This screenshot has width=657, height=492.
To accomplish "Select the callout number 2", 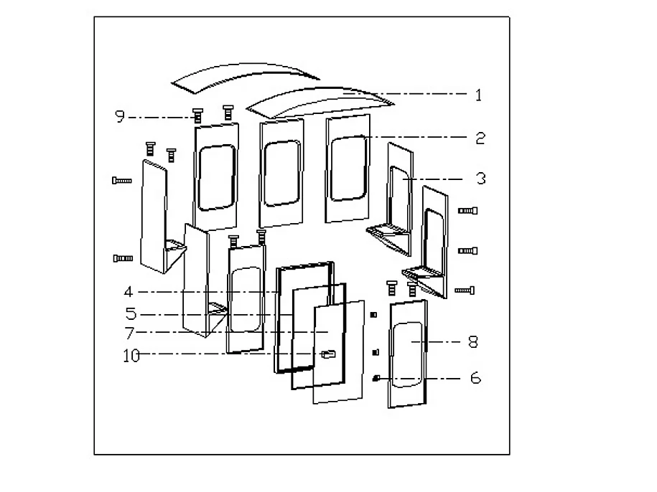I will [480, 138].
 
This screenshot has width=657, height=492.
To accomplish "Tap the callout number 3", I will [480, 179].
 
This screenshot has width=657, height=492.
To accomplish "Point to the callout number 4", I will [128, 292].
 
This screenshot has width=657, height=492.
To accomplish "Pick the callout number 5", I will [130, 314].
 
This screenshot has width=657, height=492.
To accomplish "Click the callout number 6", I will [475, 378].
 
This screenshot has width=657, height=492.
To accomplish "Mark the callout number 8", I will [472, 342].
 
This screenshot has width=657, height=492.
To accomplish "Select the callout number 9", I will [120, 116].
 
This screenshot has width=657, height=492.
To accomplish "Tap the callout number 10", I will [131, 354].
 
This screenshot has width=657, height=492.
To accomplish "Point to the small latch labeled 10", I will [329, 354].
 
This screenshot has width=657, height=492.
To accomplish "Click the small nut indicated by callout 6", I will [375, 378].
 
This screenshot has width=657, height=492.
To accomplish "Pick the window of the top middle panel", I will [281, 172].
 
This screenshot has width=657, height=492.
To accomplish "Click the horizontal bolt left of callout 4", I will [123, 258].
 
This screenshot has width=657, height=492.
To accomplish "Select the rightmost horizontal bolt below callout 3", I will [465, 290].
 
